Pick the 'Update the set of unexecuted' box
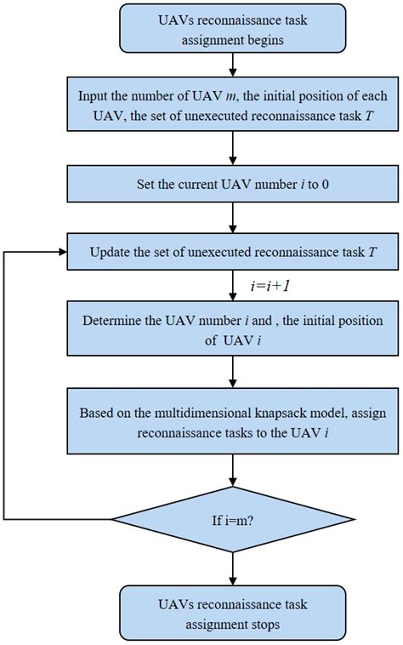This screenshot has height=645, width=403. [231, 253]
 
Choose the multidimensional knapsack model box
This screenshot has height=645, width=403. [231, 423]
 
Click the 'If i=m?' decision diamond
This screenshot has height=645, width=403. [231, 517]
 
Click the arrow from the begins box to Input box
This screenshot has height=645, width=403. [231, 66]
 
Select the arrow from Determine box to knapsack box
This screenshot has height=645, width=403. [231, 372]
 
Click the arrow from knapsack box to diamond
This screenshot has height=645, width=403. [231, 470]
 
